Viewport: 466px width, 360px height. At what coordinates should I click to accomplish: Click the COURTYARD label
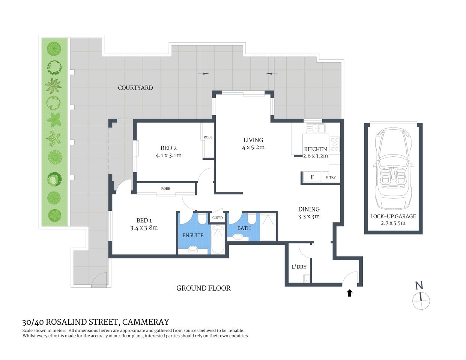[135, 88]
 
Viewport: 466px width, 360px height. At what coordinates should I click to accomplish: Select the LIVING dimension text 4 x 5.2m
[253, 147]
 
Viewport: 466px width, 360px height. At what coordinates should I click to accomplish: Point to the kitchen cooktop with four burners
[334, 144]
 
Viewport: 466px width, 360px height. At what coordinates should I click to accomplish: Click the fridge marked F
[312, 177]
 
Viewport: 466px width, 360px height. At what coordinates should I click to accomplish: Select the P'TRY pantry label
[331, 177]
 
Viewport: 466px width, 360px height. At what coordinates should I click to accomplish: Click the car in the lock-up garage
[393, 169]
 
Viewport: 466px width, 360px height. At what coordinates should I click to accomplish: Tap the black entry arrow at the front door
[350, 293]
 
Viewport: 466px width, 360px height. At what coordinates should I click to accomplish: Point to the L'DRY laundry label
[299, 267]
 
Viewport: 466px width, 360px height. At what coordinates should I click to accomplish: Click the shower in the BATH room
[268, 227]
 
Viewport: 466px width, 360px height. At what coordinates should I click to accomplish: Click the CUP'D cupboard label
[218, 218]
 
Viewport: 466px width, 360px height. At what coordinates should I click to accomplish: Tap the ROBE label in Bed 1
[165, 189]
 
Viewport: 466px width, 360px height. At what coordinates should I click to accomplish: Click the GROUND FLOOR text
[203, 288]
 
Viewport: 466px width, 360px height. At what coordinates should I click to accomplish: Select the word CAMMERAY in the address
[146, 322]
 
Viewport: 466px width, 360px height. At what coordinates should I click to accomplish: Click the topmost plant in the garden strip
[54, 49]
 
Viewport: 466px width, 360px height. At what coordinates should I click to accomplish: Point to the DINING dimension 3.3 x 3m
[309, 216]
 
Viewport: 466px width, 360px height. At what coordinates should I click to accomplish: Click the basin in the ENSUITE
[193, 249]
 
